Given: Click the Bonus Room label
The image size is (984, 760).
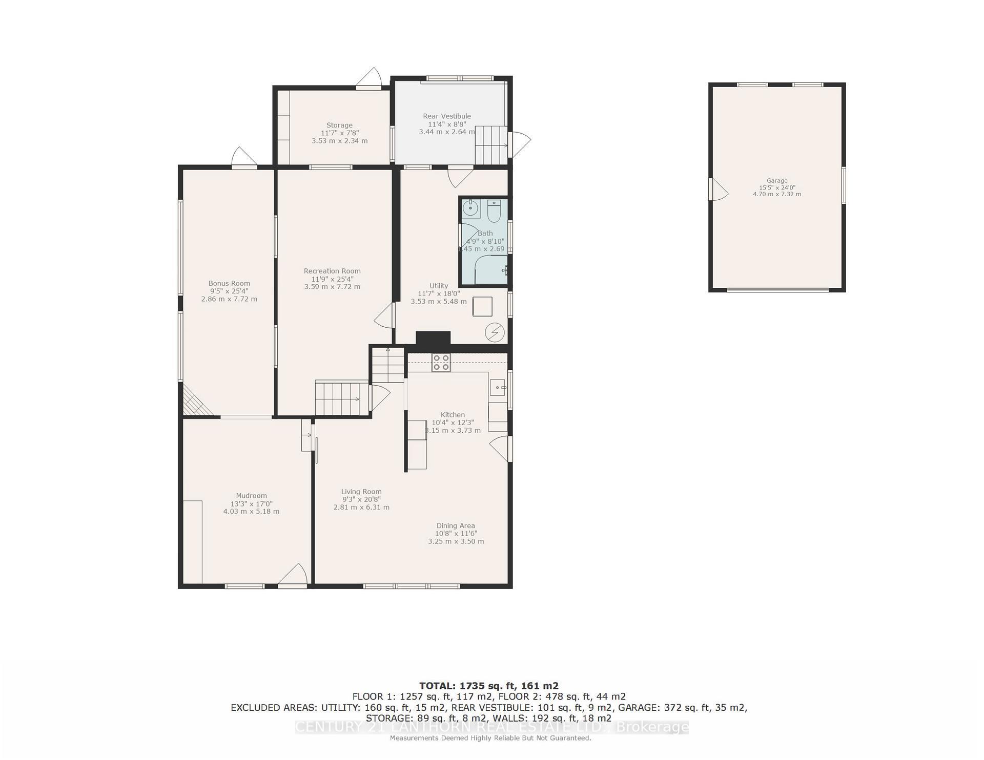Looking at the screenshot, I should (x=229, y=283).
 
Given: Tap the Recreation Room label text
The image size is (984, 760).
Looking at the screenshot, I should (x=332, y=271).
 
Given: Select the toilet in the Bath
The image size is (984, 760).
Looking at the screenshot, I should (x=494, y=211).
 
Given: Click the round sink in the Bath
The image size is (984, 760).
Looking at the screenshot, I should (x=470, y=208).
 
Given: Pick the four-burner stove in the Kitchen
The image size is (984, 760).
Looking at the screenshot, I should (x=441, y=363).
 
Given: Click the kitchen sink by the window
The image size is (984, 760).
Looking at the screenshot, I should (x=498, y=387).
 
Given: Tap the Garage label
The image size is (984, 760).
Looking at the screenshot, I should (x=777, y=181).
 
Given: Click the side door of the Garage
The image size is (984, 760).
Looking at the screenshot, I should (x=717, y=190).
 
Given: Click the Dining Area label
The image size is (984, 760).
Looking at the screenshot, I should (x=456, y=525).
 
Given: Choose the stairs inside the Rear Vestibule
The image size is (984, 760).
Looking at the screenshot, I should (x=491, y=145).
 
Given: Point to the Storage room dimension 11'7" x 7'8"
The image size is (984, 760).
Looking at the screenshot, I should (x=339, y=133).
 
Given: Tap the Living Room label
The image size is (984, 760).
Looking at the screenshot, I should (x=361, y=492).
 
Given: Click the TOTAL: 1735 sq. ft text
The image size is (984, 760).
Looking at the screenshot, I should (x=488, y=686).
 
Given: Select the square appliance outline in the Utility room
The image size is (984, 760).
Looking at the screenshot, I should (x=482, y=306).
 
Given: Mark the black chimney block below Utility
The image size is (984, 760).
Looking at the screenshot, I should (x=433, y=339).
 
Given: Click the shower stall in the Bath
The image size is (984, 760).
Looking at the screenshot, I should (x=489, y=270).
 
